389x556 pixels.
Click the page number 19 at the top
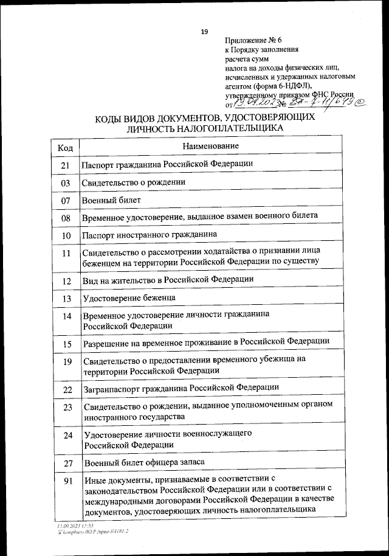[204, 32]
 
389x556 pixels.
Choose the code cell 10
[66, 235]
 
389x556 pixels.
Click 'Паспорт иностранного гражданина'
[149, 234]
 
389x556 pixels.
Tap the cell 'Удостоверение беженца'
[129, 297]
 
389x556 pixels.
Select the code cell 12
[66, 281]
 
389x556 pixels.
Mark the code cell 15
[66, 344]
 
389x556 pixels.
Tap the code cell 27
[67, 464]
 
